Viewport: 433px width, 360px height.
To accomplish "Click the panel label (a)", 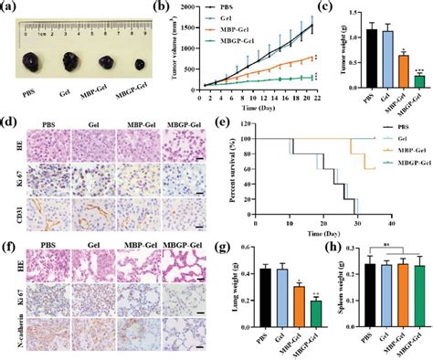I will click(x=10, y=9).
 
